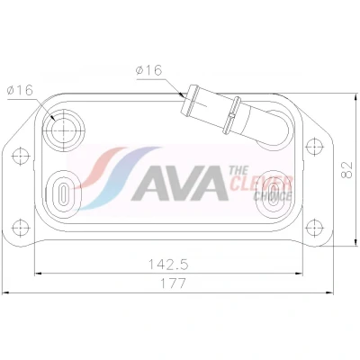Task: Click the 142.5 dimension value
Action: pos(168,265)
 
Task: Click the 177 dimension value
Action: pos(174,283)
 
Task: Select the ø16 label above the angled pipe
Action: pos(148,70)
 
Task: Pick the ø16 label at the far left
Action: pos(20,90)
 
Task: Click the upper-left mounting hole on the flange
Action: pos(21,156)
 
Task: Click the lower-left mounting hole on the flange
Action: pos(20,227)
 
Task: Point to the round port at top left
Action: pos(64,130)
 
